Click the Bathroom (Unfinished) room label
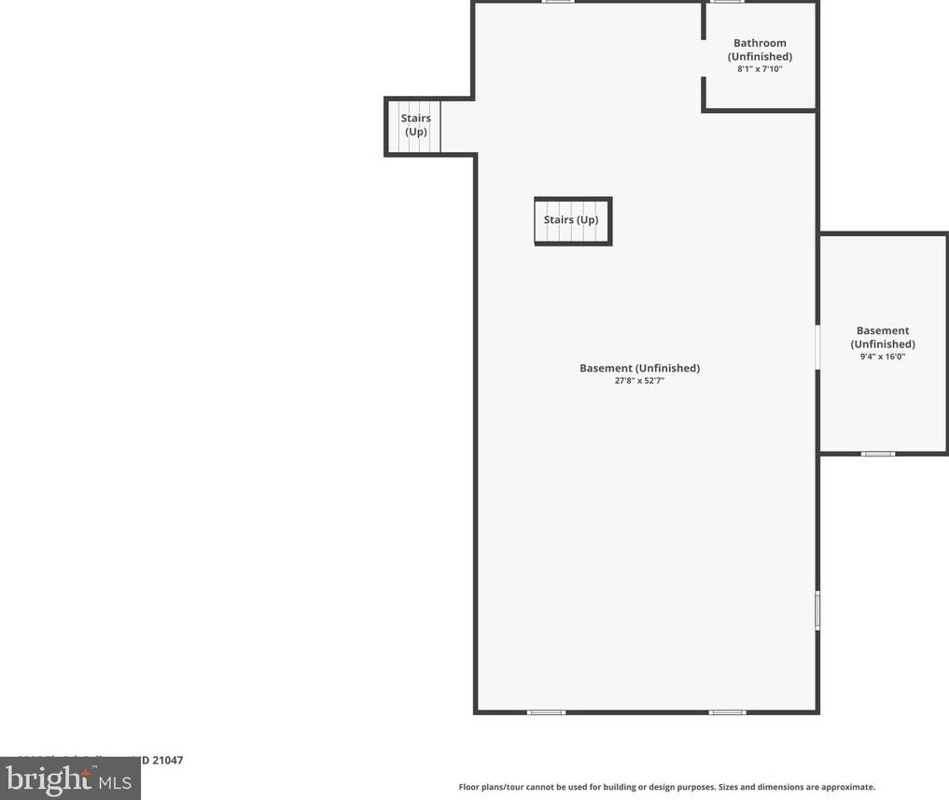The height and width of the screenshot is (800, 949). (x=760, y=49)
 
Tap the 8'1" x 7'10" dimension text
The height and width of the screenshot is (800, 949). (x=760, y=69)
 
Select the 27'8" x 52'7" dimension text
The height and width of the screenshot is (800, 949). (x=639, y=381)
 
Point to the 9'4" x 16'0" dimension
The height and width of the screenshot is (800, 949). (x=883, y=357)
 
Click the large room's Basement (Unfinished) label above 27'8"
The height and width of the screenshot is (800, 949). (x=639, y=368)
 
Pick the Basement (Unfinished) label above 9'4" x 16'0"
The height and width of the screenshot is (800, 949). (x=883, y=337)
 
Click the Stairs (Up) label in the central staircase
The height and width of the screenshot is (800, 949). (x=571, y=220)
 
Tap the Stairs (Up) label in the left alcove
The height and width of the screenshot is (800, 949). (x=416, y=125)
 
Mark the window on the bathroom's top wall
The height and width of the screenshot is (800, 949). (x=727, y=2)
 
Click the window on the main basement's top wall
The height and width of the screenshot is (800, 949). (x=558, y=2)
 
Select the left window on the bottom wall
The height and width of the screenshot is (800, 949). (x=547, y=712)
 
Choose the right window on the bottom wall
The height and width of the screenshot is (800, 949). (x=728, y=712)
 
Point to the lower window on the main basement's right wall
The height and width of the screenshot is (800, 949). (x=817, y=611)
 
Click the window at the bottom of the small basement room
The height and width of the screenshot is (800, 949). (x=877, y=454)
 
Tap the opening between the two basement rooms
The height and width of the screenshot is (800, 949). (x=817, y=347)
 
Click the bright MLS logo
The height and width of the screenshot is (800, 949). (x=70, y=779)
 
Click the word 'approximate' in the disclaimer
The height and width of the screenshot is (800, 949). (x=847, y=787)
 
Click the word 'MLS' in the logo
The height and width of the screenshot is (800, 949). (x=115, y=779)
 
